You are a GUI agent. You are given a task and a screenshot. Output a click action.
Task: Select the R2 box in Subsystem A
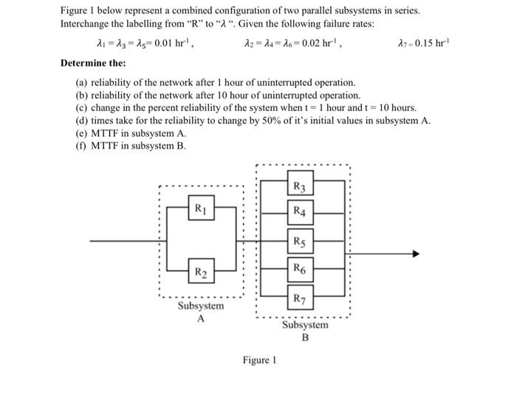point(199,274)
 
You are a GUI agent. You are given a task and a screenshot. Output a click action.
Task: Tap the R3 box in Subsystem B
point(301,186)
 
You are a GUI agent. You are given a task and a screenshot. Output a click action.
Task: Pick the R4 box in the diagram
point(301,212)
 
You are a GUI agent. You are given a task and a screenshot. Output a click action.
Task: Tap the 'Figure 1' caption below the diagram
point(259,361)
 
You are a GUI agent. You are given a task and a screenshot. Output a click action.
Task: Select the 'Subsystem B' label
point(305,330)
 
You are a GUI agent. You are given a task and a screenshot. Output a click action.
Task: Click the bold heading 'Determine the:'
point(92,63)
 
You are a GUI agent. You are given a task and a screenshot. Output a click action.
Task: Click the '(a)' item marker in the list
point(83,84)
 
